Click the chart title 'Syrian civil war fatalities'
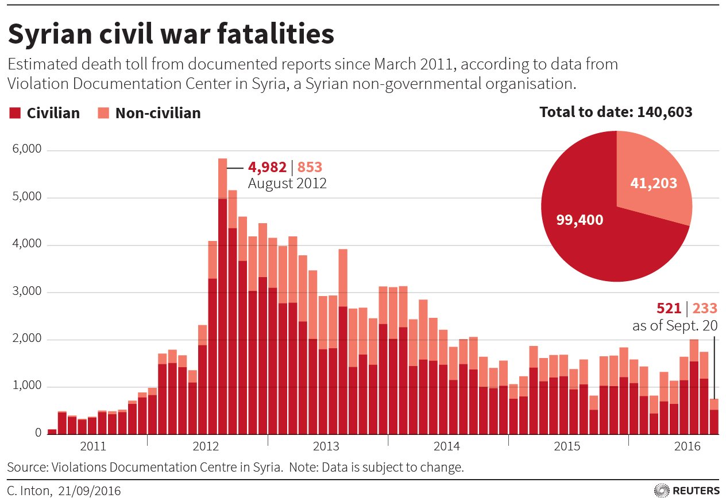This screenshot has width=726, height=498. (171, 35)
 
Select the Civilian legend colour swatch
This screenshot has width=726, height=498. (14, 113)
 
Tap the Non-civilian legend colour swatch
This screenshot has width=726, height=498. (103, 113)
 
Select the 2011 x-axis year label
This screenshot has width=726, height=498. (92, 445)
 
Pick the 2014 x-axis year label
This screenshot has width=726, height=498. (447, 445)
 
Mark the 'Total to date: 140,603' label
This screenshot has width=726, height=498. (616, 112)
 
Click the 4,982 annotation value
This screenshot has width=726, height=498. (267, 168)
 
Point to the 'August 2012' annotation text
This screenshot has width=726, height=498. (287, 184)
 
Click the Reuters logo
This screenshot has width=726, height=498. (687, 491)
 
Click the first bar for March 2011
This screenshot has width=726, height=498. (52, 431)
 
